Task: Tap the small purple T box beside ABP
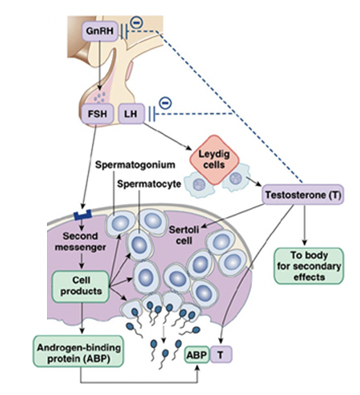point(220,355)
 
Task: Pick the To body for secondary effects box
point(309,266)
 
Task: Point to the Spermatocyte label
point(152,184)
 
